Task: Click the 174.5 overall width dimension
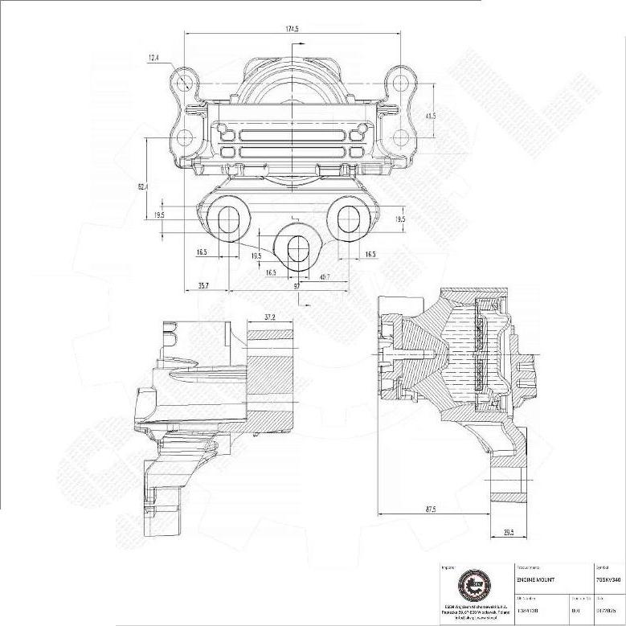point(292,29)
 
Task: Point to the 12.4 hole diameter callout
point(153,58)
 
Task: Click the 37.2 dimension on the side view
point(269,317)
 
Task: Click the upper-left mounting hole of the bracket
point(184,82)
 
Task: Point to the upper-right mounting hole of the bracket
point(399,82)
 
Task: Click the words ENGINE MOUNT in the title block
point(534,579)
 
